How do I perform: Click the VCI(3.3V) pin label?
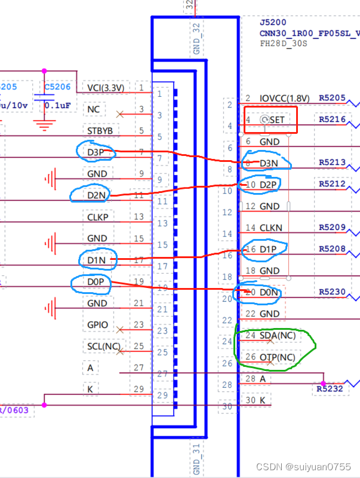coord(105,88)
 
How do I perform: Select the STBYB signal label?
coord(99,131)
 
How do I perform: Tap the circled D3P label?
coord(96,152)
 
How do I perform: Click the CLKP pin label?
coord(98,217)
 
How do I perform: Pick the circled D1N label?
coord(97,260)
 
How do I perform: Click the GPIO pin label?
coord(97,325)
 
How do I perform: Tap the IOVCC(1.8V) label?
coord(285,98)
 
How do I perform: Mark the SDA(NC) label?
coord(277,336)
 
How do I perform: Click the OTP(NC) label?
coord(277,357)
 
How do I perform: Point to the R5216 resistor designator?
coord(333,119)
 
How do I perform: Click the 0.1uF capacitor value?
coord(58,106)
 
